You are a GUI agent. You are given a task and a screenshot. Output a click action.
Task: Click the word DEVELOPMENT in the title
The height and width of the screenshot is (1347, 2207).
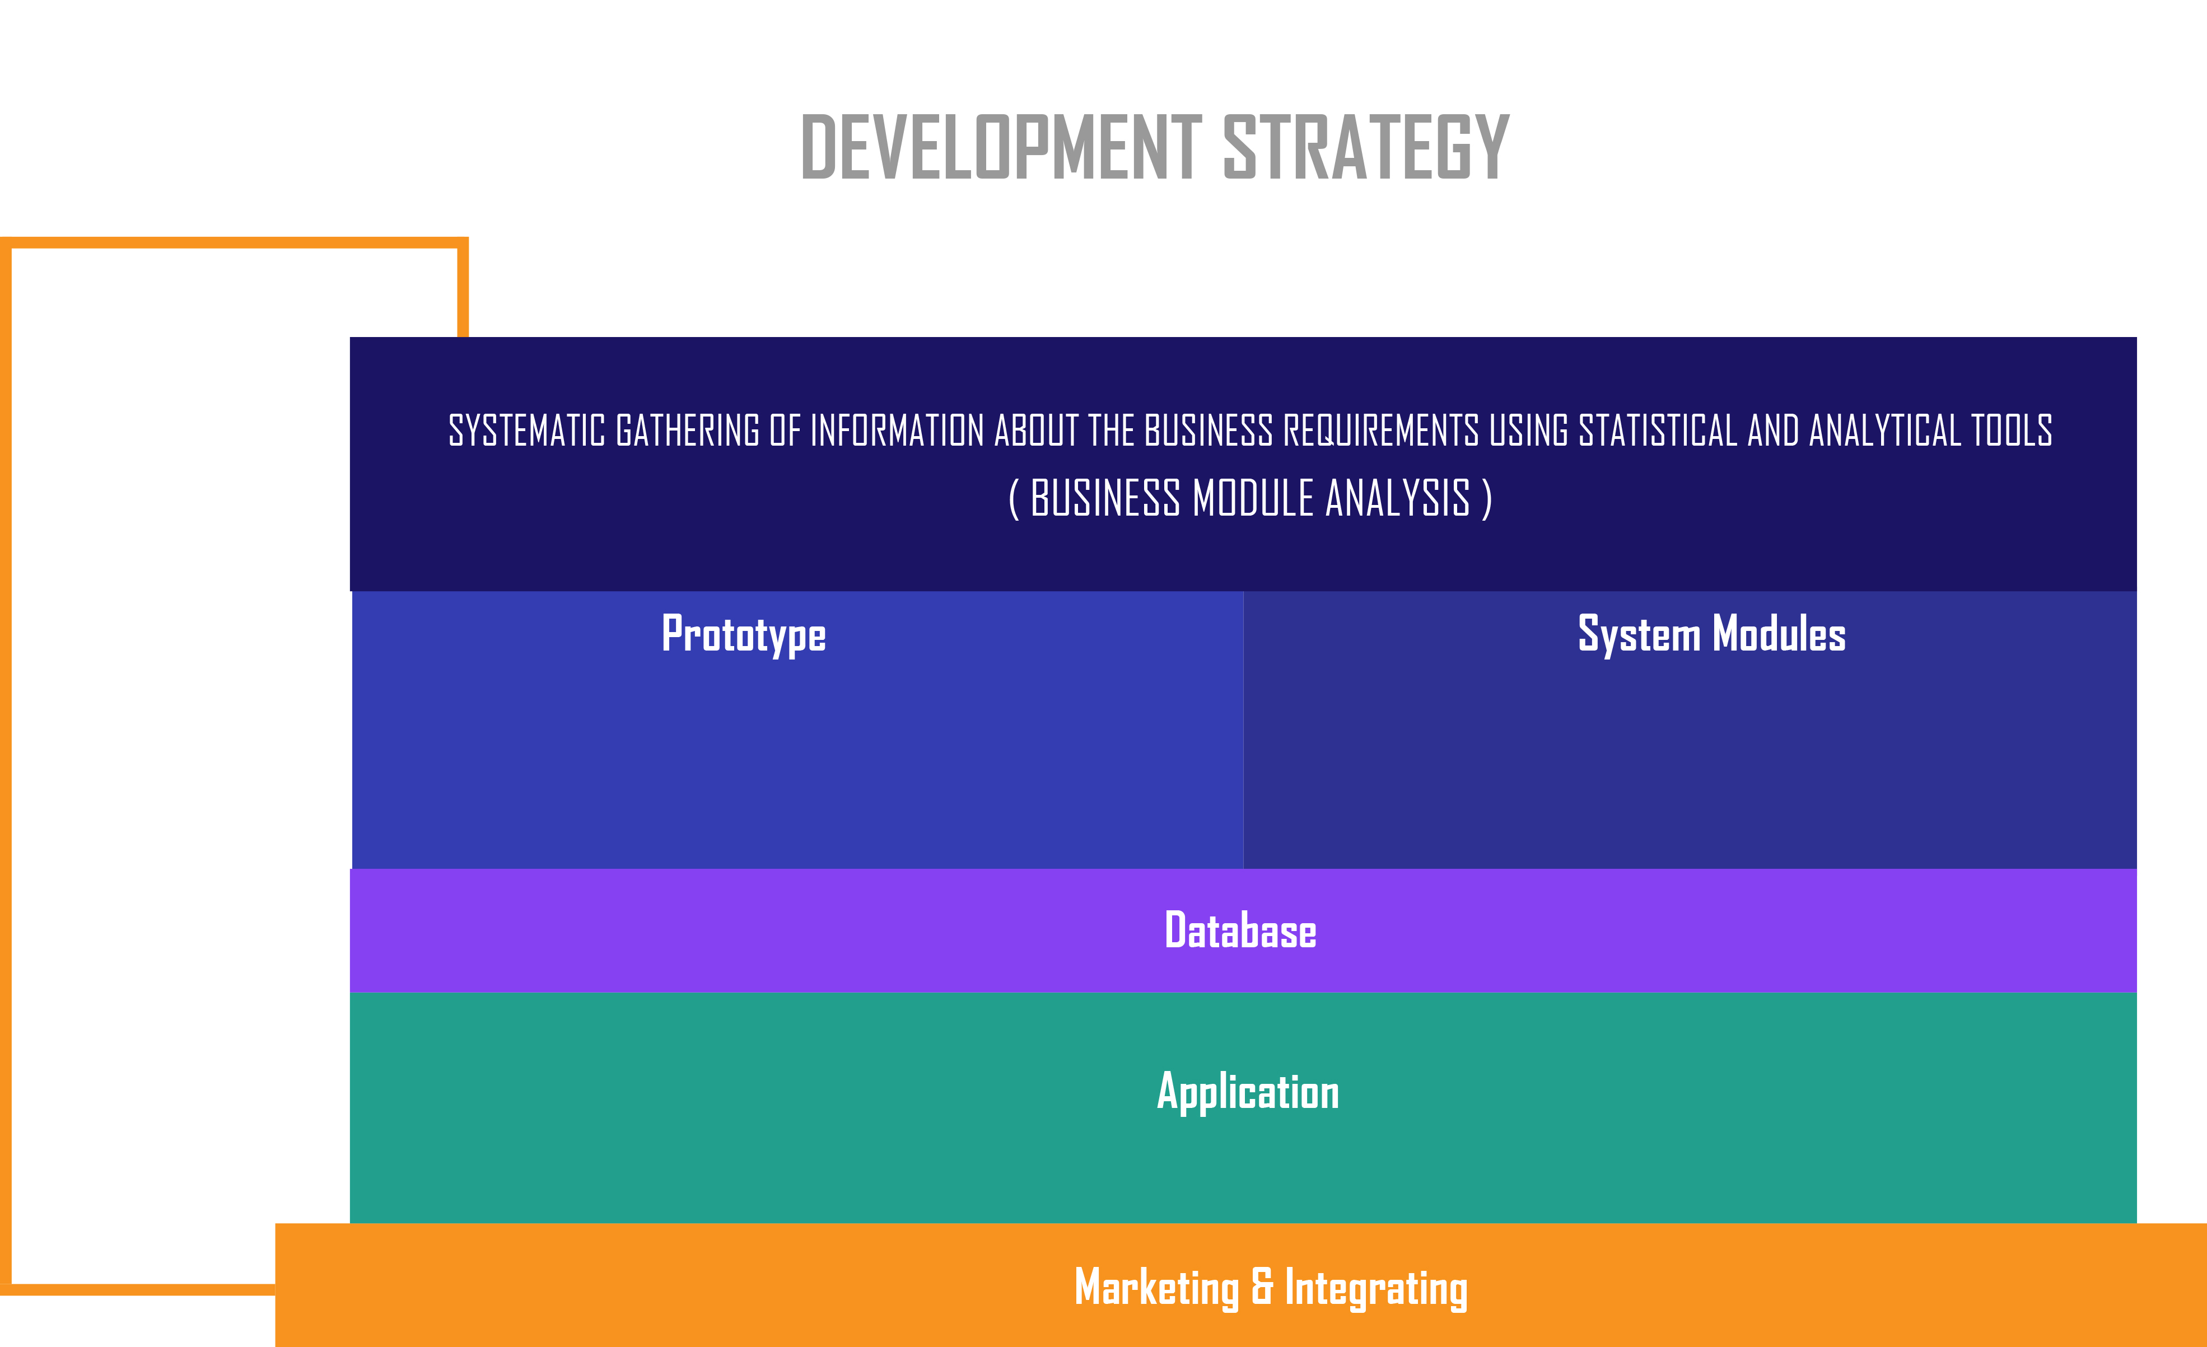tap(1001, 146)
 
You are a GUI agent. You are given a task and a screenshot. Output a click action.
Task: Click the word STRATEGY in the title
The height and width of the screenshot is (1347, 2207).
tap(1367, 146)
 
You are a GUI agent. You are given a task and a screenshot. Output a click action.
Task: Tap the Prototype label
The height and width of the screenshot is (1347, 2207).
tap(744, 635)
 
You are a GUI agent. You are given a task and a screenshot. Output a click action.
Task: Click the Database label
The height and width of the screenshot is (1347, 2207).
tap(1240, 930)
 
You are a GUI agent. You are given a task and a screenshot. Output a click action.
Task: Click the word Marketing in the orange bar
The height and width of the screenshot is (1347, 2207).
tap(1156, 1288)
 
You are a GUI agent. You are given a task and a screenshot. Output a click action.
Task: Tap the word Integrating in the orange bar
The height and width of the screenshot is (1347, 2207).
tap(1377, 1288)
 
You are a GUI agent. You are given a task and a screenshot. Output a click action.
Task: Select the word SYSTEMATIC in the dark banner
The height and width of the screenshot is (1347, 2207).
tap(526, 431)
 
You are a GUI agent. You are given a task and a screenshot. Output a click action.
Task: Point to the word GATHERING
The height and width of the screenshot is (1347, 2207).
tap(688, 431)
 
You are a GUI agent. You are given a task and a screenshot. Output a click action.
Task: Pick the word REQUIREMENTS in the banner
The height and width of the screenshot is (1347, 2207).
tap(1381, 431)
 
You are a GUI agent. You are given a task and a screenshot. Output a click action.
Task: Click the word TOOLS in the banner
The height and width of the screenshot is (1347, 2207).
tap(2012, 431)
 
